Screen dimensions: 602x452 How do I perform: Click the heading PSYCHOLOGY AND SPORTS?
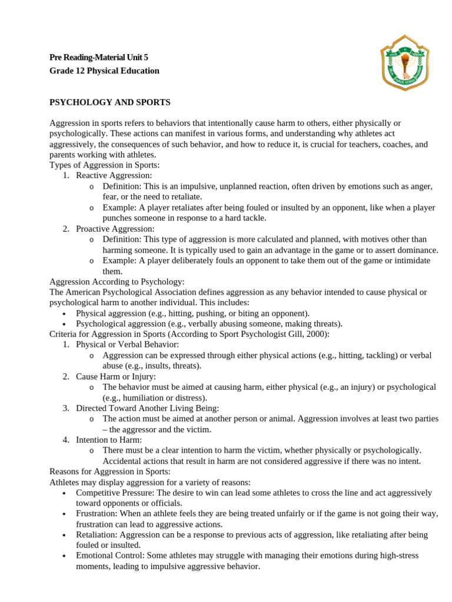110,102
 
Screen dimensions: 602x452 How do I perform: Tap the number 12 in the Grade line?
79,71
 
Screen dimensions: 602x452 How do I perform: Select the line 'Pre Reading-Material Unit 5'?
99,57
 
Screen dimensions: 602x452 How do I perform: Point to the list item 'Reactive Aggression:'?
114,175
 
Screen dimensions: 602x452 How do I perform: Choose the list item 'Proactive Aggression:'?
115,229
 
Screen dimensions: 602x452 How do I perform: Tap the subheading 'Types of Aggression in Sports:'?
104,165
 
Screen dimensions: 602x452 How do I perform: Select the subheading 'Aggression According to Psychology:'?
117,282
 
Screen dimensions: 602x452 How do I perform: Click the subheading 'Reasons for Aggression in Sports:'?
110,471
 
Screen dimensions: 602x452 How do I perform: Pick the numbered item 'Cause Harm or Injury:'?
116,376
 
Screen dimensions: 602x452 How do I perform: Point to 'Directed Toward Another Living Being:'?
147,408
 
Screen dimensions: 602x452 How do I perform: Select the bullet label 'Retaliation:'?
97,535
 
